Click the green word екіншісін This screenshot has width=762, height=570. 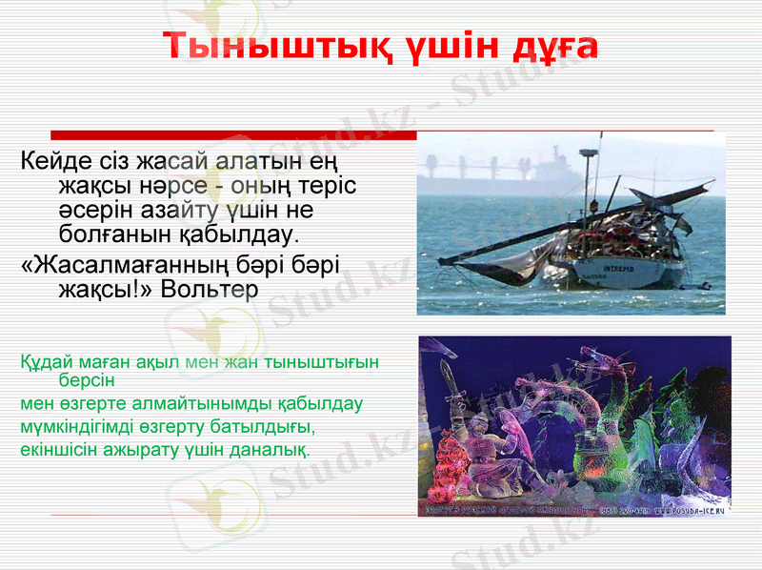click(x=60, y=447)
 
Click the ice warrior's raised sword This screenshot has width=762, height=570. click(x=449, y=381)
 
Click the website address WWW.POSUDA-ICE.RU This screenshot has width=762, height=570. click(x=689, y=511)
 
